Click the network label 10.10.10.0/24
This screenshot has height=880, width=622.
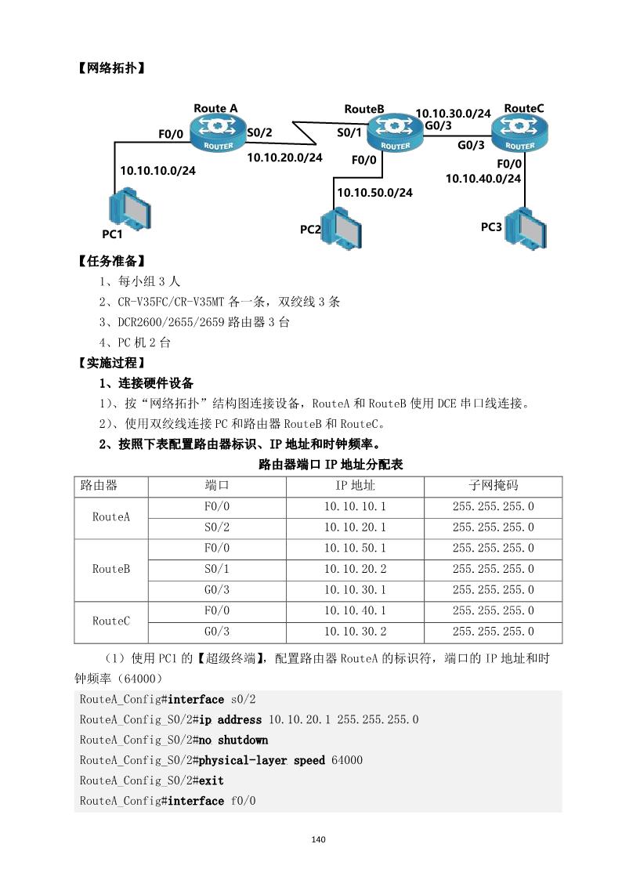tap(157, 170)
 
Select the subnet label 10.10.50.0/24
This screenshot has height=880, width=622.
tap(374, 192)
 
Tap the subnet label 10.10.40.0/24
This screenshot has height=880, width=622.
tap(483, 179)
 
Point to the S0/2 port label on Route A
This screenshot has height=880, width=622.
tap(259, 132)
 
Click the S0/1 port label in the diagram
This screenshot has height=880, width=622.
tap(349, 132)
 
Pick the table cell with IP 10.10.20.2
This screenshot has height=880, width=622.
tap(355, 569)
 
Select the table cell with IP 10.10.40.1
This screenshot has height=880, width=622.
tap(355, 610)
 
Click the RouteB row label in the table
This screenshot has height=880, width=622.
tap(110, 569)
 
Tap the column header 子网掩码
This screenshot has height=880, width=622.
tap(493, 486)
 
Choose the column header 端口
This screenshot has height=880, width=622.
tap(216, 486)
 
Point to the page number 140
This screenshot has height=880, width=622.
tap(317, 839)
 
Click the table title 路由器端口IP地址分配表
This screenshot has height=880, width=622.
tap(331, 465)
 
